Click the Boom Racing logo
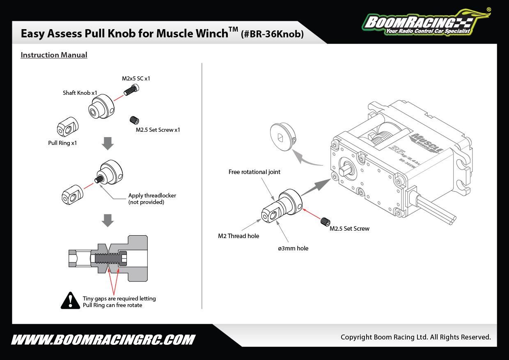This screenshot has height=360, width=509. (x=425, y=22)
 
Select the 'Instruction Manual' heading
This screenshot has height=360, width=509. (x=54, y=55)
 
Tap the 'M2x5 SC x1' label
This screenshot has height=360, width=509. (x=136, y=78)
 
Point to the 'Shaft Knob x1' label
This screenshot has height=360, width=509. (x=80, y=93)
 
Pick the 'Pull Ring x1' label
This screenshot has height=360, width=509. (x=62, y=143)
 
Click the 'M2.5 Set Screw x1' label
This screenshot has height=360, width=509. (x=158, y=130)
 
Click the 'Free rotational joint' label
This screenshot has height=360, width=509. (x=254, y=172)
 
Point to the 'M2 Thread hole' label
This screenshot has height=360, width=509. (x=238, y=236)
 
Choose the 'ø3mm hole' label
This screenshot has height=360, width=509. (x=293, y=248)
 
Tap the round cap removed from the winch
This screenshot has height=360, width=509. (x=283, y=137)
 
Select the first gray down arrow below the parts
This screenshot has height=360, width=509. (x=108, y=144)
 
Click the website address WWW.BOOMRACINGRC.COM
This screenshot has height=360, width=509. (x=103, y=340)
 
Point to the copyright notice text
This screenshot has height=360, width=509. (x=415, y=337)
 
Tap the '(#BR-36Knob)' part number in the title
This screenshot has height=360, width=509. (x=273, y=34)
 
